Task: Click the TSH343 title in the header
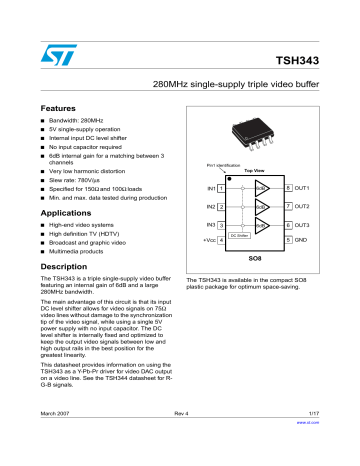click(x=319, y=60)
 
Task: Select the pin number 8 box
click(x=287, y=188)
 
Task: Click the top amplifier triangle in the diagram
click(x=259, y=188)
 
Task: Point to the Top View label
click(x=254, y=170)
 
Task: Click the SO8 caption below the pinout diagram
click(x=254, y=258)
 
